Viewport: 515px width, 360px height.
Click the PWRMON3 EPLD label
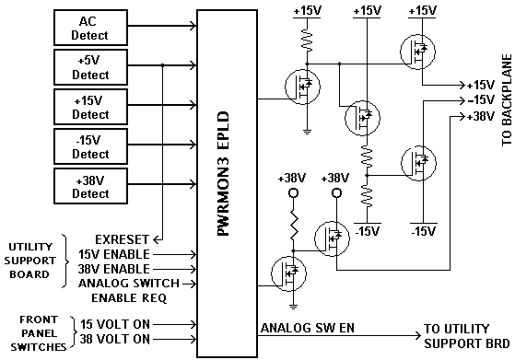coord(223,174)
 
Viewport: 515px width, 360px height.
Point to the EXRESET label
coord(122,239)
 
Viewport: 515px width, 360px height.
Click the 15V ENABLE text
coord(114,254)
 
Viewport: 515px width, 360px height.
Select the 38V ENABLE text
coord(114,269)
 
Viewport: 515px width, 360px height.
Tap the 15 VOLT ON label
coord(115,324)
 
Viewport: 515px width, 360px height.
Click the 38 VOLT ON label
coord(115,339)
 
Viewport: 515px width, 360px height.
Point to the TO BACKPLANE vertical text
coord(507,100)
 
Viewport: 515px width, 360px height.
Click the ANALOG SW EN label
coord(308,328)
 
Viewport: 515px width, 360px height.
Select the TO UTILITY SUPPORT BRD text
coord(466,336)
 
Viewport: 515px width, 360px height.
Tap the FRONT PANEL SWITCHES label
coord(39,333)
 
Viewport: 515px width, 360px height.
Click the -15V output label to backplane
coord(481,99)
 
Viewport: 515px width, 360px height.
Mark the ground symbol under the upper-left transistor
coord(307,133)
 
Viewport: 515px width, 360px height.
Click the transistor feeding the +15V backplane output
coord(417,52)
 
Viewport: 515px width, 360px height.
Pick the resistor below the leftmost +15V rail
coord(307,41)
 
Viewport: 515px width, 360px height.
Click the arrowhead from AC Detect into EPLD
coord(193,26)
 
